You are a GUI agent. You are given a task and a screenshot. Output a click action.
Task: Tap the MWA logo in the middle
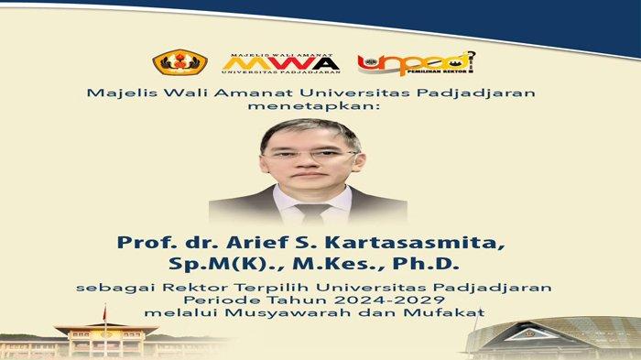281,60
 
